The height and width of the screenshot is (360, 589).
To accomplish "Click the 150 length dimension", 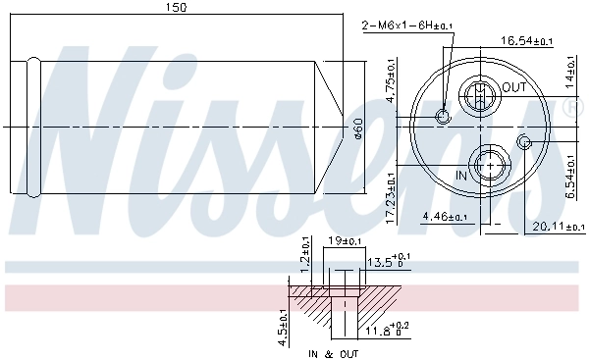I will coord(177,8).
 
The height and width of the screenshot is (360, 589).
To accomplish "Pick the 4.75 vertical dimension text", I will coord(391,80).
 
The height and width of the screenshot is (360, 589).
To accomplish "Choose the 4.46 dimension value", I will coord(443,217).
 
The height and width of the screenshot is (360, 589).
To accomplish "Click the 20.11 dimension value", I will coord(555,227).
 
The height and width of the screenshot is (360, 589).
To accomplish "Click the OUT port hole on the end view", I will coord(479,97).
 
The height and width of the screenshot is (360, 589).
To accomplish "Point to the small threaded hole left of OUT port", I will coord(443,118).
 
